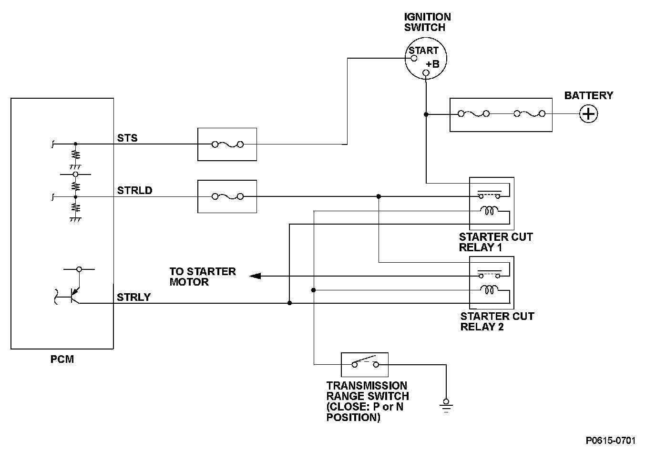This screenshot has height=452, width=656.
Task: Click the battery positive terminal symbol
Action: point(589,114)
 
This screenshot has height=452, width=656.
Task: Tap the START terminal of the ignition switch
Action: point(414,58)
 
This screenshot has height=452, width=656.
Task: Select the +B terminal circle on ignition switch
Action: point(426,72)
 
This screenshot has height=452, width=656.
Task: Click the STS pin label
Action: point(127,138)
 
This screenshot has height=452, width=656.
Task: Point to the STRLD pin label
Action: point(135,190)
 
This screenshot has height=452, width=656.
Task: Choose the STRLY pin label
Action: point(133,298)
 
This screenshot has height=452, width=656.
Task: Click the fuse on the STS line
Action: point(227,144)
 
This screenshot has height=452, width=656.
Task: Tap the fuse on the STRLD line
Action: point(227,196)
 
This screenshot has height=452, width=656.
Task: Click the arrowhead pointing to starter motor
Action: point(255,276)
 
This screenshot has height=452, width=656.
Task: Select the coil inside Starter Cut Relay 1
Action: point(489,210)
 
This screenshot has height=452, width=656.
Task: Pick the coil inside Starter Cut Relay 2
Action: point(489,290)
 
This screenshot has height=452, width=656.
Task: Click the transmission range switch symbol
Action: point(365,362)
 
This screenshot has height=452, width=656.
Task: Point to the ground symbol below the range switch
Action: point(446,406)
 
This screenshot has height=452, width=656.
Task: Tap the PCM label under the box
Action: point(62,359)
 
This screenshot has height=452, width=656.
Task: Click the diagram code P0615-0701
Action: point(610,440)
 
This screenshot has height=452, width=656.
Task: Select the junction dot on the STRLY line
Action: point(289,303)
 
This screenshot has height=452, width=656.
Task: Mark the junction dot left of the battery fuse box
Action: point(426,114)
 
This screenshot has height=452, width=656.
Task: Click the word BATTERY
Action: point(589,95)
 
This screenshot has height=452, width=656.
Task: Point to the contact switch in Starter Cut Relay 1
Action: point(489,194)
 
